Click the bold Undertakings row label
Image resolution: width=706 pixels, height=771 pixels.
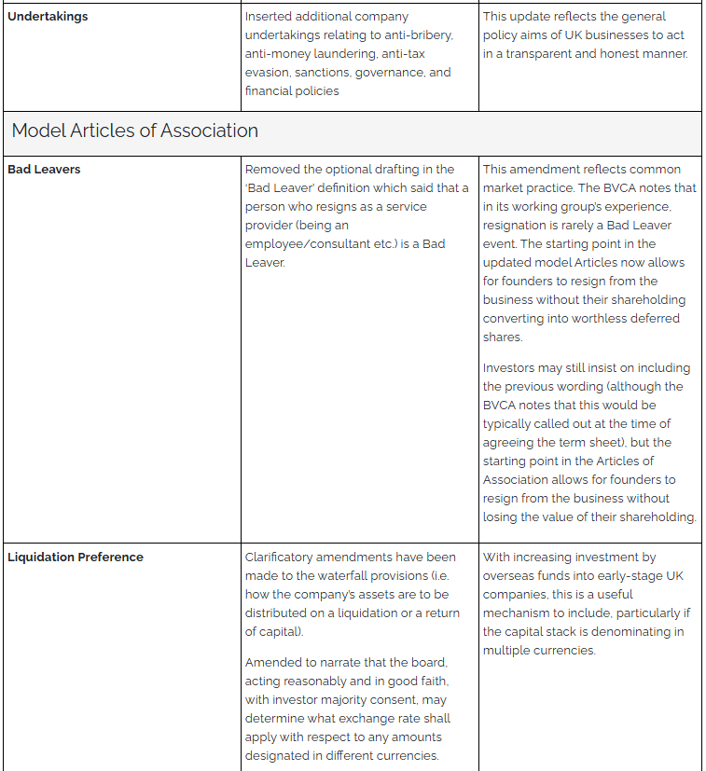pyautogui.click(x=48, y=17)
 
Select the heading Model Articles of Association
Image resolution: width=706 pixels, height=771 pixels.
pyautogui.click(x=134, y=131)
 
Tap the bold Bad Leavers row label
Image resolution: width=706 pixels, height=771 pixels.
pyautogui.click(x=44, y=170)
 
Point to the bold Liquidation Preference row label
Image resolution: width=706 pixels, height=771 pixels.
pyautogui.click(x=76, y=558)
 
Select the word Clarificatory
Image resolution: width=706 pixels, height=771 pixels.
pyautogui.click(x=282, y=558)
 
